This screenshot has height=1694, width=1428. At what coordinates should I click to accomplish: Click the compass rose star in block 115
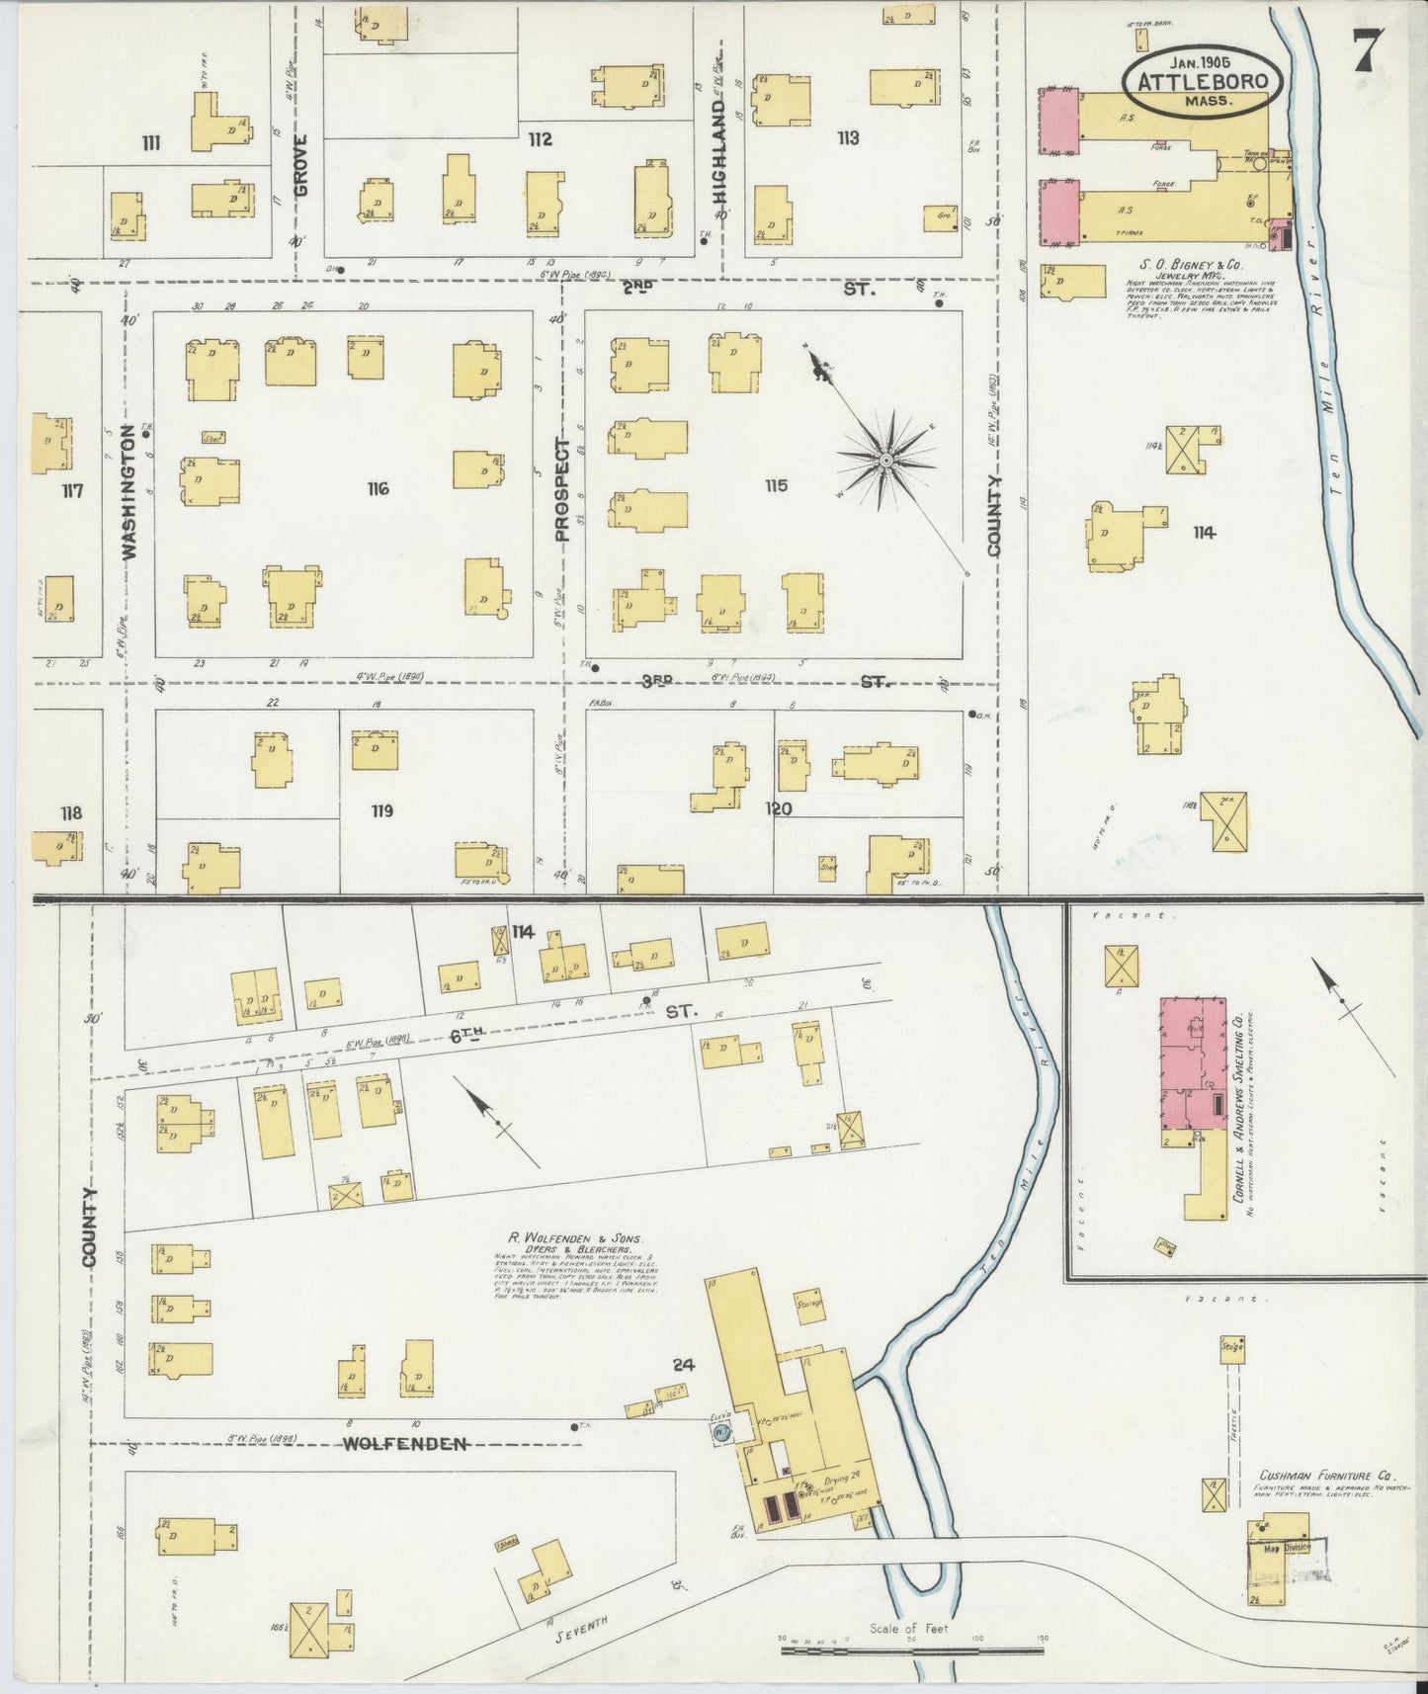pyautogui.click(x=886, y=461)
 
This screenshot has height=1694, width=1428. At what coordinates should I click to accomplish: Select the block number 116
pyautogui.click(x=378, y=488)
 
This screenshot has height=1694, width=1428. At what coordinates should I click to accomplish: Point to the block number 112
pyautogui.click(x=540, y=138)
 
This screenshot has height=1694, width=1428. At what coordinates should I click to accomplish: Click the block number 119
pyautogui.click(x=382, y=810)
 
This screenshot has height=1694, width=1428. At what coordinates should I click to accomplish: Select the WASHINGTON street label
pyautogui.click(x=128, y=492)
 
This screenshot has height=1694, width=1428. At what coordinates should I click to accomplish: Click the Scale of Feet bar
pyautogui.click(x=911, y=1650)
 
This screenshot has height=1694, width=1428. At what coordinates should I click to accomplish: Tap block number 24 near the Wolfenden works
pyautogui.click(x=683, y=1366)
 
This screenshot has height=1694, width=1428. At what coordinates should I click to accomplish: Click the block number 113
pyautogui.click(x=847, y=137)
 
